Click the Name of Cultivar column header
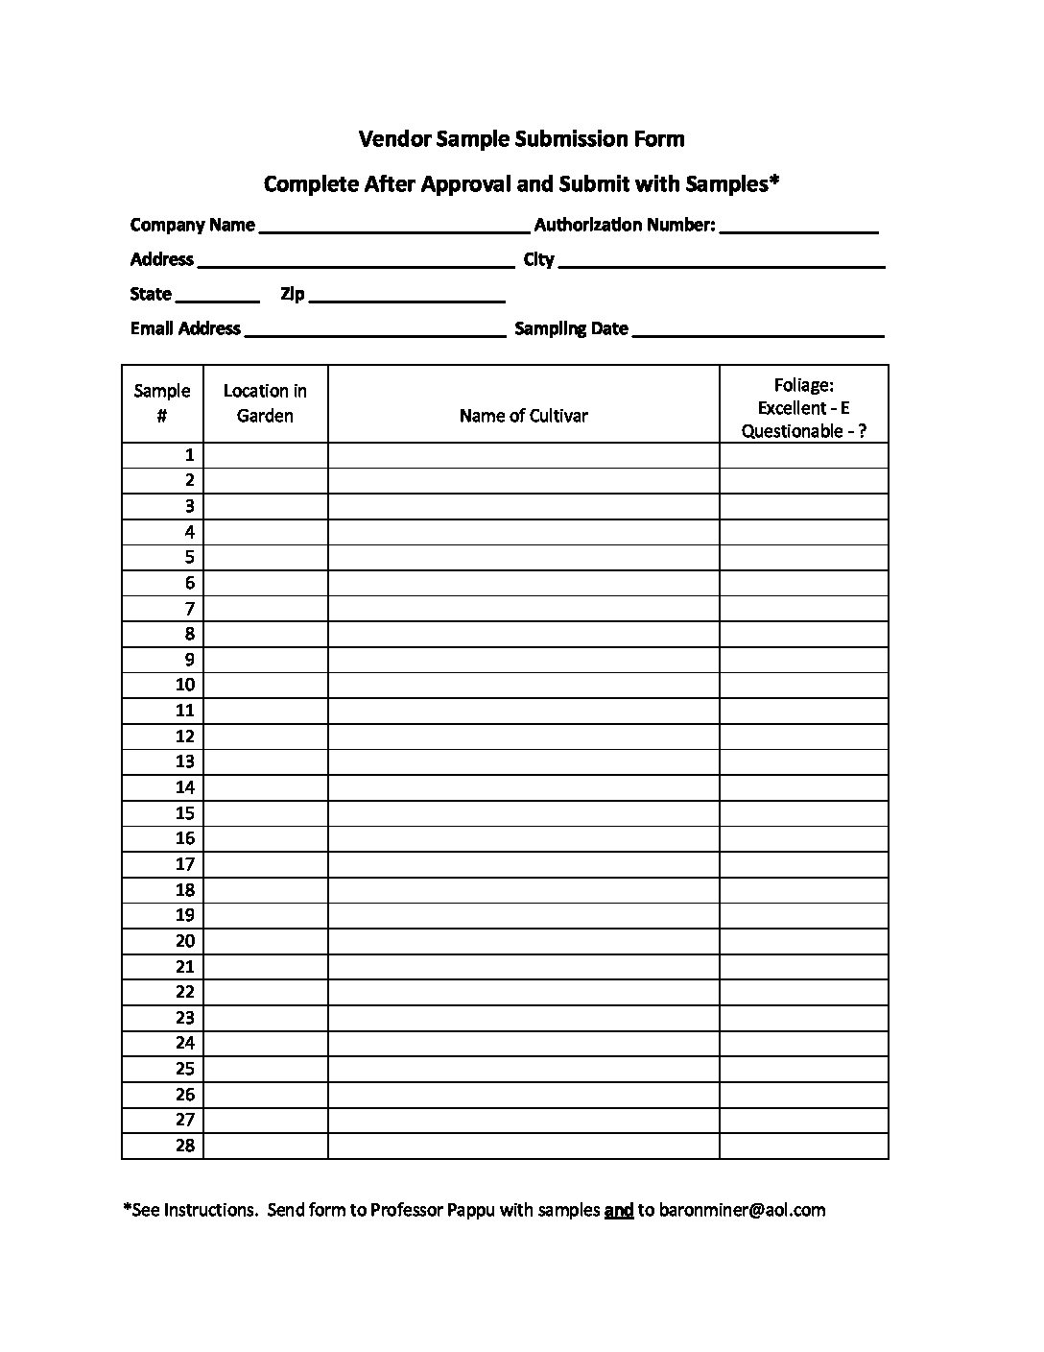click(523, 416)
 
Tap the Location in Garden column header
click(265, 403)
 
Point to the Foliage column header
click(803, 408)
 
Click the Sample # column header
click(162, 403)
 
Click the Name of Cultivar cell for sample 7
click(523, 609)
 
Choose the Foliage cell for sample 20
click(803, 941)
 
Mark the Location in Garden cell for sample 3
click(265, 506)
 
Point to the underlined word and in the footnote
click(619, 1210)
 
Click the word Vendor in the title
click(394, 139)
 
